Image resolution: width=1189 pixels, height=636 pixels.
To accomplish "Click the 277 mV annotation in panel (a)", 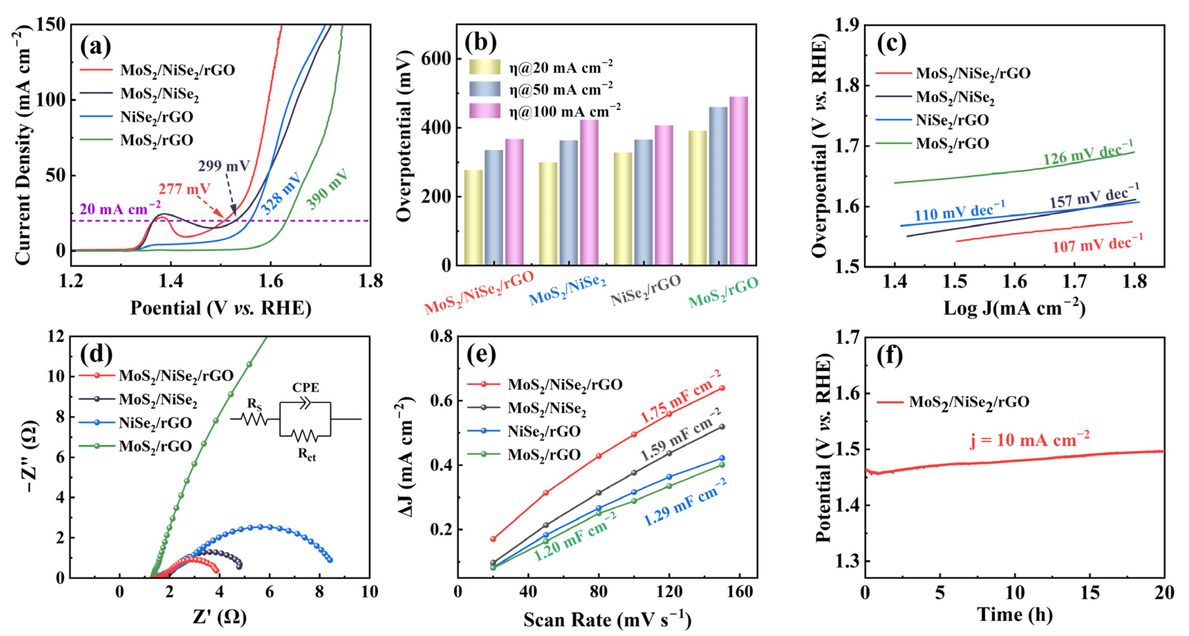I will coord(184,189).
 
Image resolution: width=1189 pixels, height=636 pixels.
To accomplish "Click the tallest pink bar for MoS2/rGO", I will coord(738,180).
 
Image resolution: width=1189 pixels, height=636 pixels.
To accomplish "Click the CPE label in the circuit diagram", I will coord(306,387).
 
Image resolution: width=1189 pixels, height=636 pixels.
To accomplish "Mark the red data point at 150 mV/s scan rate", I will coord(722,388).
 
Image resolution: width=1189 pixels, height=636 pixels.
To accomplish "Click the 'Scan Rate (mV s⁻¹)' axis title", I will coord(607,619).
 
